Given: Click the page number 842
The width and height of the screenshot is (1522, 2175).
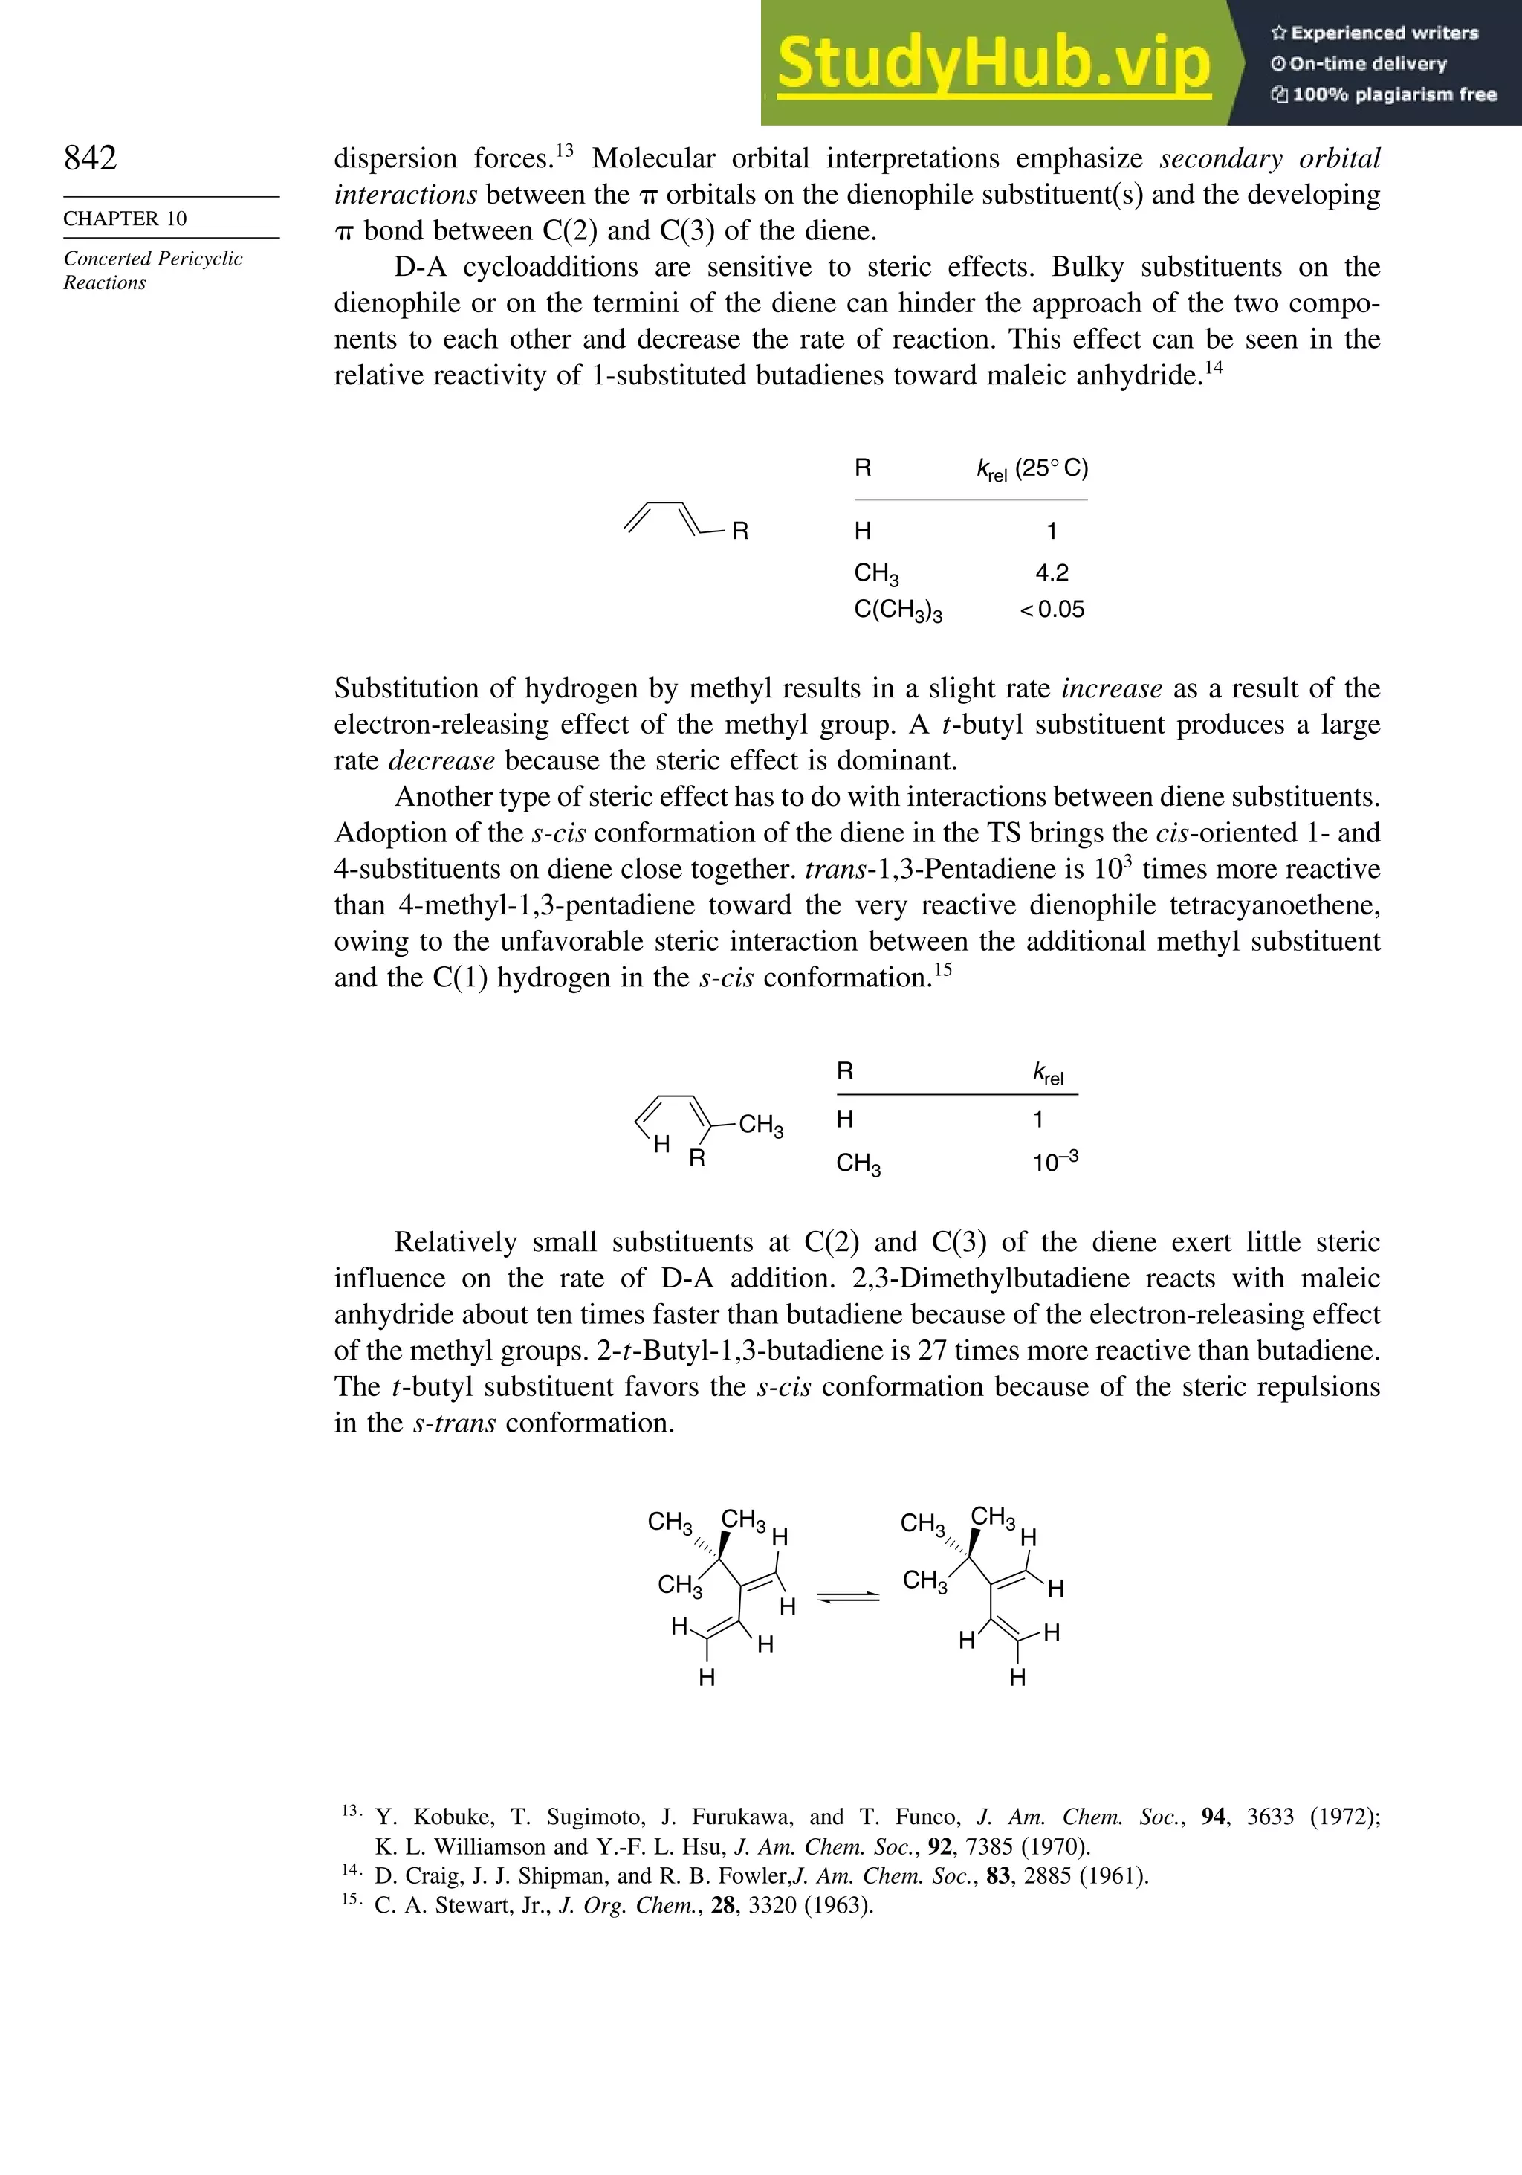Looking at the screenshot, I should pyautogui.click(x=91, y=158).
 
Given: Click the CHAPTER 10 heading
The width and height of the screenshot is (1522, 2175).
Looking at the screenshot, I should pyautogui.click(x=125, y=219).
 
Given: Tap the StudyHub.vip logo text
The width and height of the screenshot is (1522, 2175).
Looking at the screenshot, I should pyautogui.click(x=994, y=63).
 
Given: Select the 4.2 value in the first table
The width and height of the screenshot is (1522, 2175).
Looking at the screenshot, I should pyautogui.click(x=1052, y=572).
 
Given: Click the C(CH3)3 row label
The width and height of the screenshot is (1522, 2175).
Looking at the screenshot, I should pyautogui.click(x=897, y=610).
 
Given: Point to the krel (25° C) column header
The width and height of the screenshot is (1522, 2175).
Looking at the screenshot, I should pyautogui.click(x=1032, y=469).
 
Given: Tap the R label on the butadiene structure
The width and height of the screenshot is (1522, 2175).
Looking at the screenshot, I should pyautogui.click(x=741, y=531).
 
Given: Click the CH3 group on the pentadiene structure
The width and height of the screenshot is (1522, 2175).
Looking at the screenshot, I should pyautogui.click(x=760, y=1125).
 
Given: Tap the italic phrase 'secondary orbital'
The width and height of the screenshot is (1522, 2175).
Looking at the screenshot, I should pyautogui.click(x=1269, y=158).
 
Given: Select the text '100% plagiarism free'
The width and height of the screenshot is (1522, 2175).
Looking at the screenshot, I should pyautogui.click(x=1392, y=94).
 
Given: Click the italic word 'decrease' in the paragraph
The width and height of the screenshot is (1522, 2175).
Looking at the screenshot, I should pyautogui.click(x=441, y=760).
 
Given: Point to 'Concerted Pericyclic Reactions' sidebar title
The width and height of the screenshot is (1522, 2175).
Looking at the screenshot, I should pyautogui.click(x=152, y=271).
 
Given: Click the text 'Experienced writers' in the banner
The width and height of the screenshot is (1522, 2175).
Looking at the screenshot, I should pyautogui.click(x=1383, y=33).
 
